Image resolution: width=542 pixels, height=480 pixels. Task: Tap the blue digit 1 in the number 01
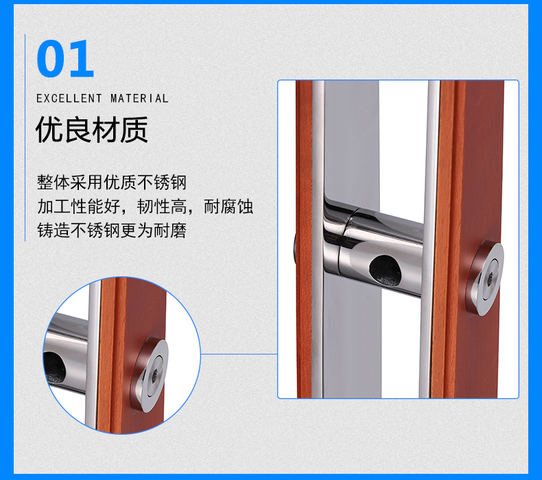click(81, 58)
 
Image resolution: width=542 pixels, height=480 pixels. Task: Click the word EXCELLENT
click(69, 99)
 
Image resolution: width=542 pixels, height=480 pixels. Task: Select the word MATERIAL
click(139, 99)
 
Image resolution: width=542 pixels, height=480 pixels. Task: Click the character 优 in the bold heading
click(49, 130)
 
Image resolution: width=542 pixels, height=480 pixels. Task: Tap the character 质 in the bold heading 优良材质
click(134, 130)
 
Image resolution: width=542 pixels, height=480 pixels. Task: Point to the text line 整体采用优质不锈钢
click(112, 182)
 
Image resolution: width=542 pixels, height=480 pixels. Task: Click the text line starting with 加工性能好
click(145, 206)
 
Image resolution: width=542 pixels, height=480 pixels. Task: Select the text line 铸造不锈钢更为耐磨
click(112, 230)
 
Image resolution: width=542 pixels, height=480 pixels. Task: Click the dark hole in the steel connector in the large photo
click(386, 271)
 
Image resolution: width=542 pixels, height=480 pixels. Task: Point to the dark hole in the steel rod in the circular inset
click(54, 368)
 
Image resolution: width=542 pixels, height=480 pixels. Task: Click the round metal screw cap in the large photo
click(484, 278)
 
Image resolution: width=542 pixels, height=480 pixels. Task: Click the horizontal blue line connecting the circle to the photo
click(239, 354)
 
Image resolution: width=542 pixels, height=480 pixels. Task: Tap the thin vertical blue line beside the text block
click(25, 138)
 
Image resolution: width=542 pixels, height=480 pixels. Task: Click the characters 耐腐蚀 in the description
click(228, 206)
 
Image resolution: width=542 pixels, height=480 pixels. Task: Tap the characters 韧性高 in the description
click(162, 206)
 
